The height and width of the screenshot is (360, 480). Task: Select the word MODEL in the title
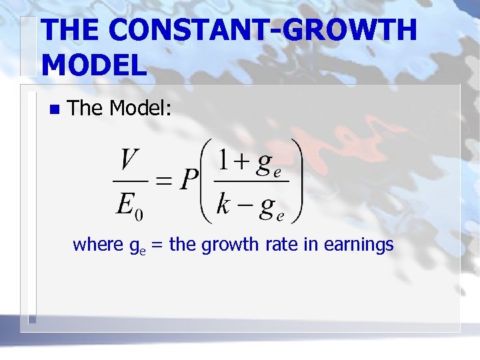pos(93,65)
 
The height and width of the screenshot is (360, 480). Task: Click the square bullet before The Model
pos(54,109)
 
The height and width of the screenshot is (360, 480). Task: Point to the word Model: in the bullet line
pos(141,108)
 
